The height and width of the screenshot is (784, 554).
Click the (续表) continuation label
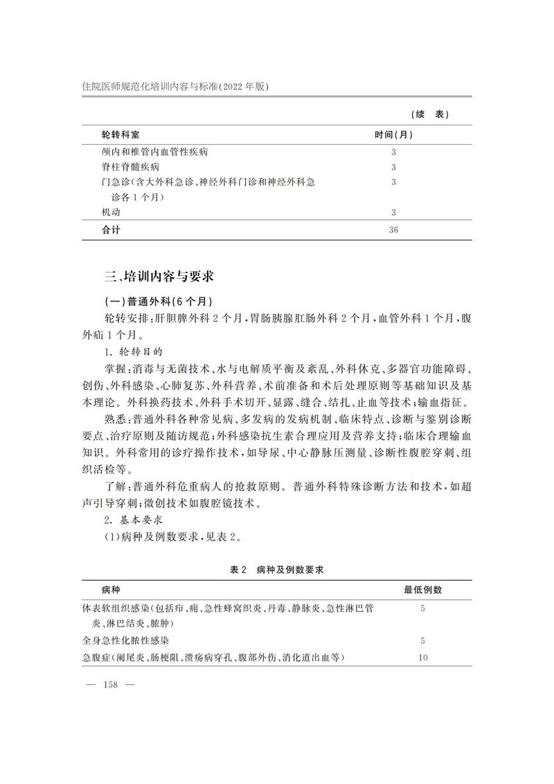431,114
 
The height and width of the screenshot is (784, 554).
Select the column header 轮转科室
125,133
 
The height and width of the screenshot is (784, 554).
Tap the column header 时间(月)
394,133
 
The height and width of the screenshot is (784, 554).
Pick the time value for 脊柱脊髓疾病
393,167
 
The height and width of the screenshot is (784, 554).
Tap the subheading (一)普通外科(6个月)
157,302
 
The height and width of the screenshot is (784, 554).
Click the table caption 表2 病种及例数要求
277,570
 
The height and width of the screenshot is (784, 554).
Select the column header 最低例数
423,590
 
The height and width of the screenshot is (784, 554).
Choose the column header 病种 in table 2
110,590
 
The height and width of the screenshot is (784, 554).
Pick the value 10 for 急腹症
422,657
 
